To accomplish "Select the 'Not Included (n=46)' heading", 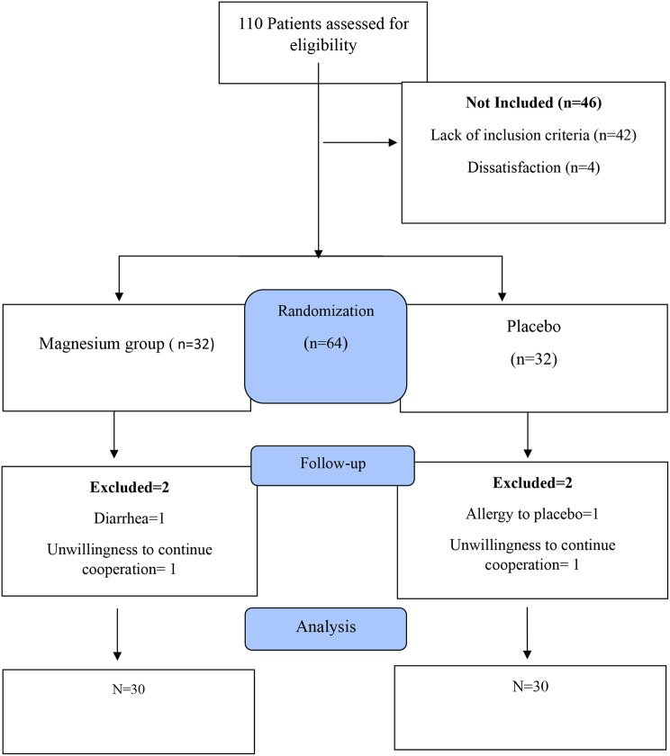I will coord(534,103).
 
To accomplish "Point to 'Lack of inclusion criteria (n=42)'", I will coord(534,136).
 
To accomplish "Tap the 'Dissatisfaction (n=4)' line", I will coord(534,168).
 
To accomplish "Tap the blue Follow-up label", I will coord(332,465).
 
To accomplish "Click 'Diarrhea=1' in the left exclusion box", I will coord(130,517).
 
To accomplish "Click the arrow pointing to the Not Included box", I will coord(360,141).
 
